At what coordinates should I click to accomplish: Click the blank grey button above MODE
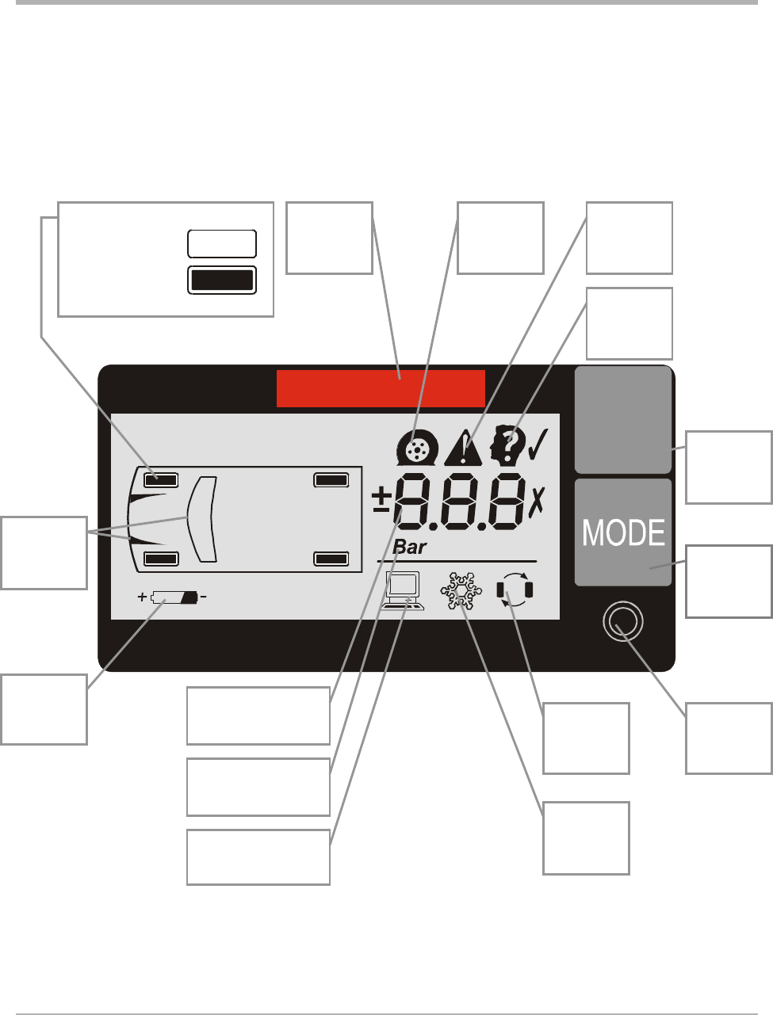pyautogui.click(x=623, y=420)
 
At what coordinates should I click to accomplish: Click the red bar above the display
pyautogui.click(x=381, y=388)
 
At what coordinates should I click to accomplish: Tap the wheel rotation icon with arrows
pyautogui.click(x=515, y=591)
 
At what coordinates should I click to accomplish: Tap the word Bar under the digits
pyautogui.click(x=409, y=548)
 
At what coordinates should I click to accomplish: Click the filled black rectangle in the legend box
pyautogui.click(x=222, y=280)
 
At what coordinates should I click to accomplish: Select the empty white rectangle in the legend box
pyautogui.click(x=222, y=244)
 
